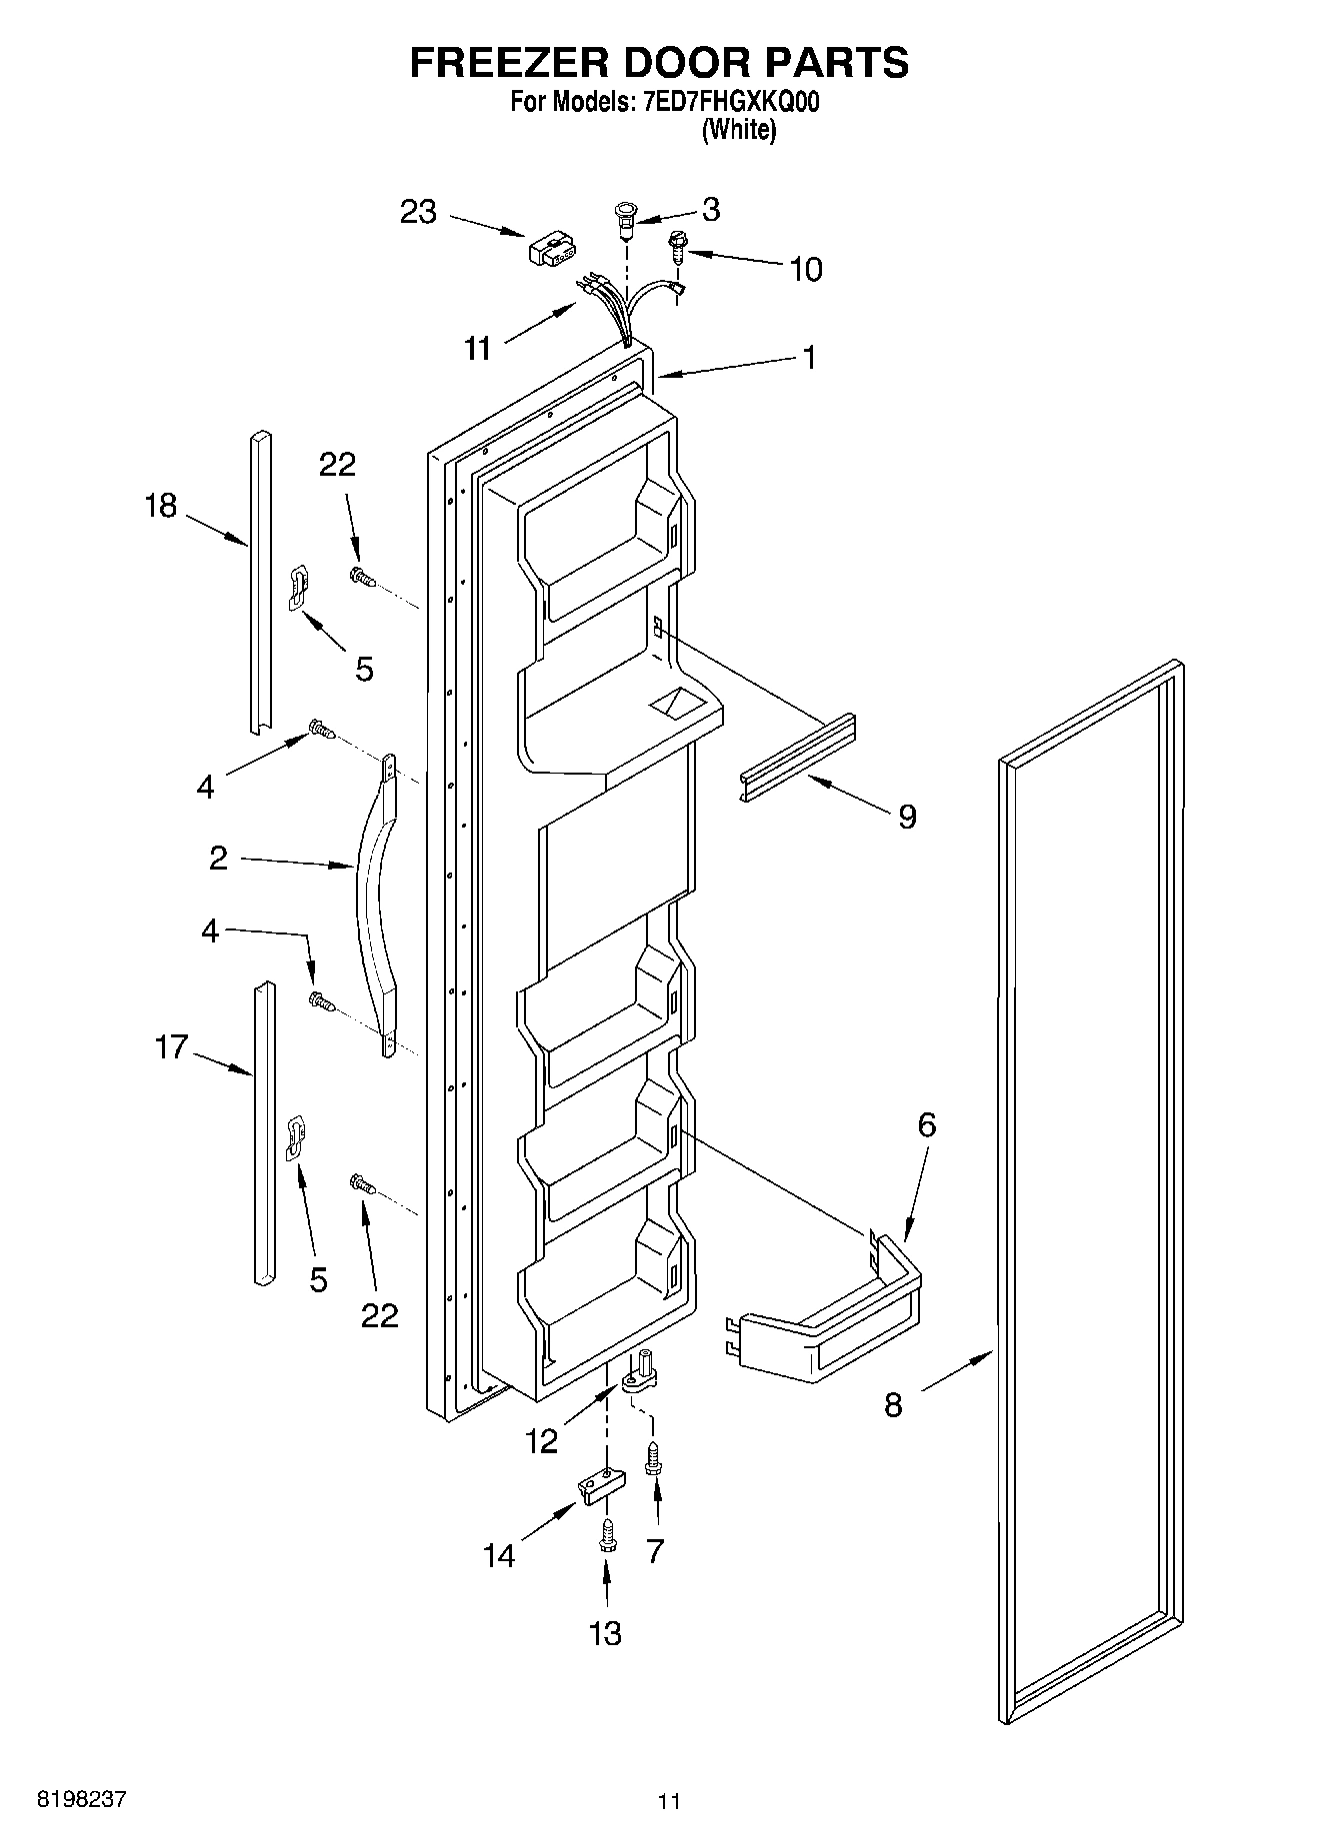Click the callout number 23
[418, 212]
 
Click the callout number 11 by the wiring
[478, 349]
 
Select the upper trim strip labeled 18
[259, 581]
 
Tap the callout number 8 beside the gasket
[893, 1405]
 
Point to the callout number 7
[655, 1551]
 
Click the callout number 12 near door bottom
[542, 1440]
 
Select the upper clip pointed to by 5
[297, 586]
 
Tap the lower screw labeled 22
[362, 1185]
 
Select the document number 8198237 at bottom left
[82, 1799]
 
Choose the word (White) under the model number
[738, 130]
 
